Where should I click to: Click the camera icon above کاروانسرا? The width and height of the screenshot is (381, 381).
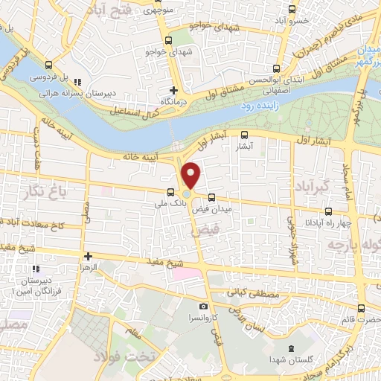click(x=203, y=306)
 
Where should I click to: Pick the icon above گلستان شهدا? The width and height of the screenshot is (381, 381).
click(x=291, y=349)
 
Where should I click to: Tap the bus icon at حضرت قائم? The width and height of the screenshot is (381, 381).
click(x=361, y=308)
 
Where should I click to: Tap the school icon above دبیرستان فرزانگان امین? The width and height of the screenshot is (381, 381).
click(x=34, y=269)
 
